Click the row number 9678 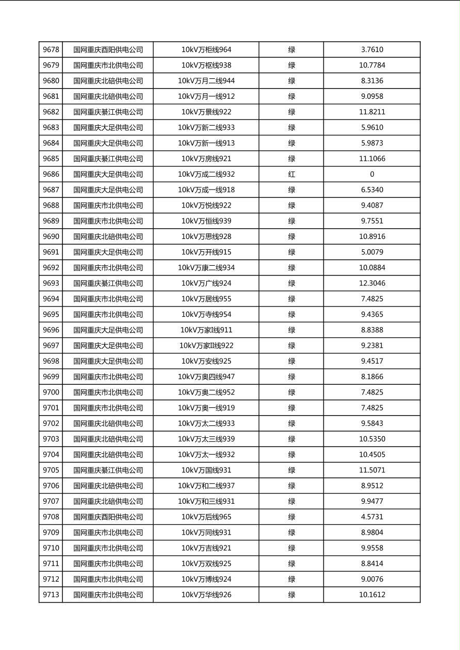(x=51, y=50)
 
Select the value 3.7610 (x=372, y=50)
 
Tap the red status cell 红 (x=291, y=175)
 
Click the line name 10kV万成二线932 (x=206, y=175)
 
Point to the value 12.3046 (x=372, y=283)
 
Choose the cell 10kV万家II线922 (x=206, y=346)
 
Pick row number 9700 (x=51, y=392)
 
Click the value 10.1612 (x=372, y=595)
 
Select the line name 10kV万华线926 (x=206, y=595)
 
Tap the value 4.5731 (x=372, y=517)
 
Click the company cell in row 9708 (x=108, y=517)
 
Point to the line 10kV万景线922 (x=206, y=112)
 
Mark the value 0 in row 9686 (x=372, y=175)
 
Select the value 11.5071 (x=372, y=470)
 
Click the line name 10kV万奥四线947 (x=206, y=377)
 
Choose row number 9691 (x=51, y=252)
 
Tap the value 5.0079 (x=372, y=252)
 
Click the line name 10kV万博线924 (x=206, y=579)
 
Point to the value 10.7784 (x=372, y=65)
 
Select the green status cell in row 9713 (x=291, y=595)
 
